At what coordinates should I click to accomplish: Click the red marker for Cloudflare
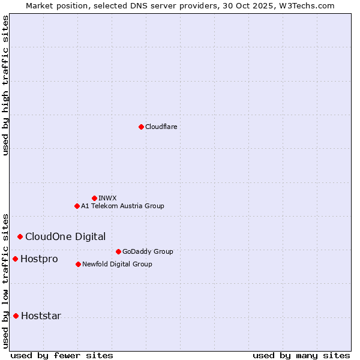click(x=141, y=127)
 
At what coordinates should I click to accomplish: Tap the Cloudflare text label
click(x=161, y=127)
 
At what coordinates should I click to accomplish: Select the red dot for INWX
click(x=94, y=198)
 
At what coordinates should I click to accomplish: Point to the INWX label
click(x=107, y=198)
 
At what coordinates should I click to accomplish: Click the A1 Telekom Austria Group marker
click(x=77, y=206)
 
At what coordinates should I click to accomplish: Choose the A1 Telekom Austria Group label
click(x=122, y=206)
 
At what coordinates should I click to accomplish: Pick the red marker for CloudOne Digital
click(x=20, y=236)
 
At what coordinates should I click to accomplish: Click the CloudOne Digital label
click(x=65, y=236)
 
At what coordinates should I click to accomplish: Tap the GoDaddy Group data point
click(x=118, y=251)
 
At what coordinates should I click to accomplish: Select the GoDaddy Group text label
click(x=148, y=251)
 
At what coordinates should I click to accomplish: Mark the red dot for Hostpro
click(x=15, y=259)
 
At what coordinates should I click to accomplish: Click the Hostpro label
click(x=39, y=259)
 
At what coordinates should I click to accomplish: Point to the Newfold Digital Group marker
click(x=78, y=264)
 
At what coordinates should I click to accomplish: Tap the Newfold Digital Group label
click(x=117, y=264)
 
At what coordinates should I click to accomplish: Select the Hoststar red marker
click(x=16, y=316)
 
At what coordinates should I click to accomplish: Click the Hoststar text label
click(x=41, y=316)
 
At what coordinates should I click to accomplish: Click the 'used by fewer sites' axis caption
click(x=62, y=355)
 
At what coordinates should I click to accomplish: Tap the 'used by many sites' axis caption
click(x=301, y=355)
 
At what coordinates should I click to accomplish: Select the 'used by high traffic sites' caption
click(x=6, y=85)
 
